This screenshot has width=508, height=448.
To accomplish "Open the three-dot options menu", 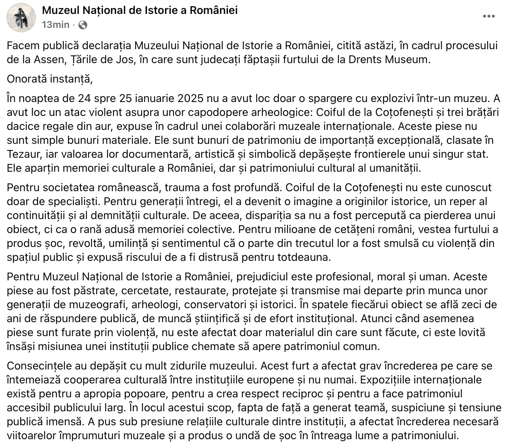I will click(489, 16).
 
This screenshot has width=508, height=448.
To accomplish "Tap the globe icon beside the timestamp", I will click(83, 25).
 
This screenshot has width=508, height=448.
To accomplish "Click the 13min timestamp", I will click(55, 25).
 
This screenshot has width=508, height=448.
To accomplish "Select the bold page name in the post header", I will click(140, 10).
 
